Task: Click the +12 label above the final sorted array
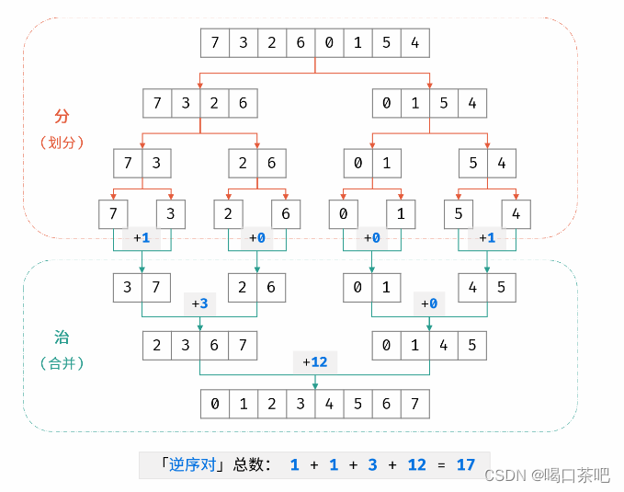(314, 362)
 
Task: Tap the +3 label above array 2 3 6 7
(199, 303)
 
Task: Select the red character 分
(62, 117)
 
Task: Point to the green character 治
(62, 338)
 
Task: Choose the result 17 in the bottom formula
(466, 464)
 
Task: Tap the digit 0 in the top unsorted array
(329, 43)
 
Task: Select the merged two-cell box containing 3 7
(142, 288)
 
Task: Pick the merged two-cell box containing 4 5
(486, 288)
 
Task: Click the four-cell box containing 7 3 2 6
(199, 103)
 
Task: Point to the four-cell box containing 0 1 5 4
(429, 103)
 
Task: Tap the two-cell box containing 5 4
(486, 164)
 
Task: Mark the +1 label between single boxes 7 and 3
(142, 237)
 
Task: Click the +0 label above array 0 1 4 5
(428, 303)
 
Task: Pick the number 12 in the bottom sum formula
(416, 464)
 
